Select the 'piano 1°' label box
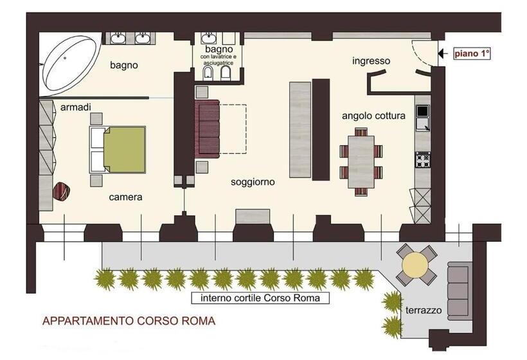[x=472, y=54]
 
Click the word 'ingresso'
[x=371, y=61]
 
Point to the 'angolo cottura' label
[x=382, y=116]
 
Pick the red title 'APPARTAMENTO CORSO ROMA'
[x=129, y=319]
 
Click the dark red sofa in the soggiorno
[x=208, y=127]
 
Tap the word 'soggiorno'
[x=253, y=182]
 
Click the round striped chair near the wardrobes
[x=61, y=191]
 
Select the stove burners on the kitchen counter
[x=423, y=157]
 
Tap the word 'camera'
[x=125, y=197]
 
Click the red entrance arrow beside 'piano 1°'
[x=441, y=54]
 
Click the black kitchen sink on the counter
[x=422, y=111]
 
